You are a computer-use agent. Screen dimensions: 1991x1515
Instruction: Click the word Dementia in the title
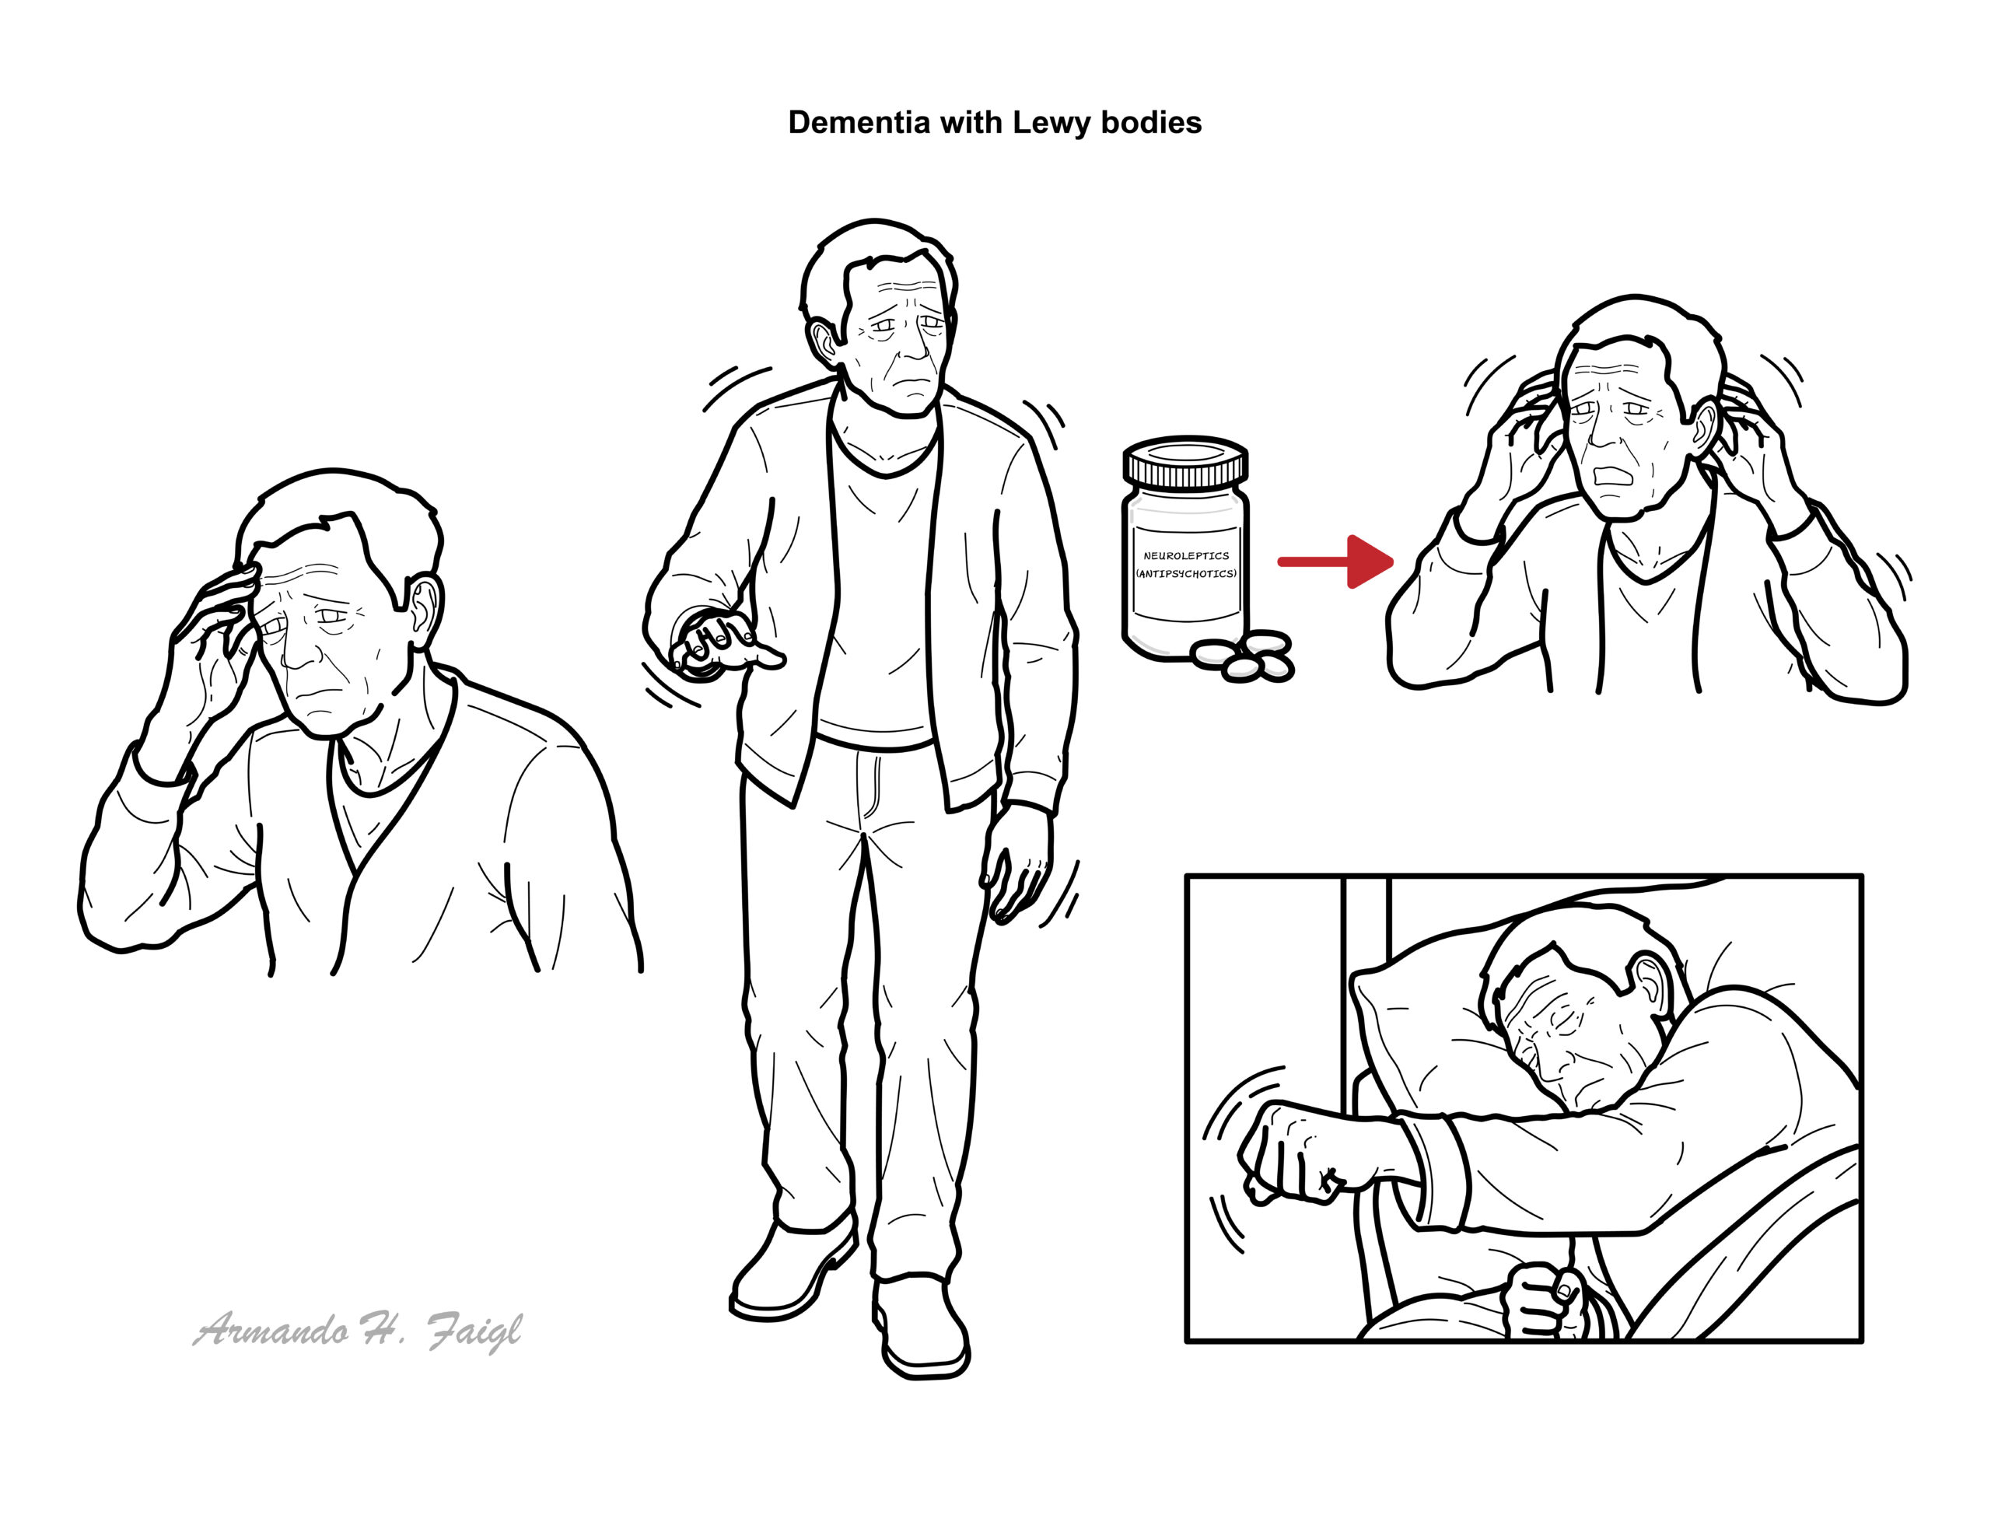click(859, 123)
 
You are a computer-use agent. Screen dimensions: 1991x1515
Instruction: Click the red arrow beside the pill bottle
click(1335, 562)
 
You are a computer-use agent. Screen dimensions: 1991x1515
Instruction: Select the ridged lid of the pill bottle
click(1186, 463)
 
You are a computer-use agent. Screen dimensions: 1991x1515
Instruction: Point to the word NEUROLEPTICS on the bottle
click(1186, 555)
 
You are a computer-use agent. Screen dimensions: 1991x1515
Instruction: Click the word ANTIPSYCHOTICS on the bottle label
click(1186, 573)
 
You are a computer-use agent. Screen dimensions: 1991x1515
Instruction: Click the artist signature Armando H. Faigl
click(357, 1331)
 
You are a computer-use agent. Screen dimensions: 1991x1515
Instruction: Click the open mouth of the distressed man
click(1611, 475)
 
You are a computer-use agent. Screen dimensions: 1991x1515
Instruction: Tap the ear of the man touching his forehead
click(424, 610)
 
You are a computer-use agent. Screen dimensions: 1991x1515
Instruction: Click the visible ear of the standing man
click(824, 344)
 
